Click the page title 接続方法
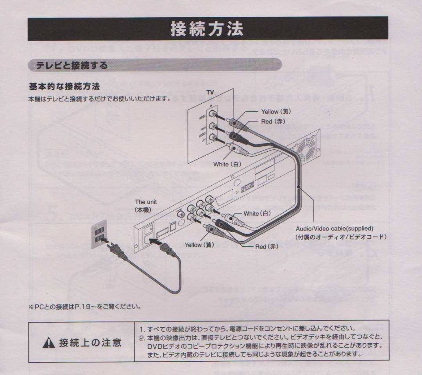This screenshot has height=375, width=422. point(207,29)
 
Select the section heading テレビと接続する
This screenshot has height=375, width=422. point(72,65)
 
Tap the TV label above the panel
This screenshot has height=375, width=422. point(211,92)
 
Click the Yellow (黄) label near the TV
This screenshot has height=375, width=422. point(276,112)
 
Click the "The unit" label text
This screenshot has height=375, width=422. point(145,202)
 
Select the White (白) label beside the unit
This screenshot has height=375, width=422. point(257,213)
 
